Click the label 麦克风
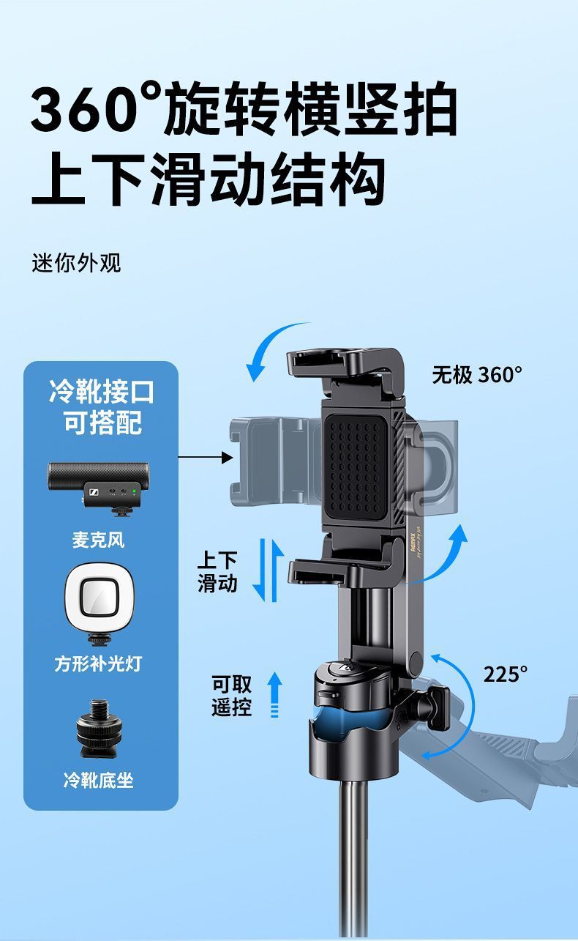point(98,540)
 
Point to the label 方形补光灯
point(98,663)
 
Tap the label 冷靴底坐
point(98,780)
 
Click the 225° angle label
point(506,674)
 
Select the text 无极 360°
point(477,375)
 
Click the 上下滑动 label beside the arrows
point(217,572)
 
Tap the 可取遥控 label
point(231,695)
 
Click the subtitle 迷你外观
point(76,264)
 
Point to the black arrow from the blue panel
point(206,458)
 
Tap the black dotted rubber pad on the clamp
point(356,467)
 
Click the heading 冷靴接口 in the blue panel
point(102,392)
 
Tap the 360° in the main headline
point(96,108)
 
